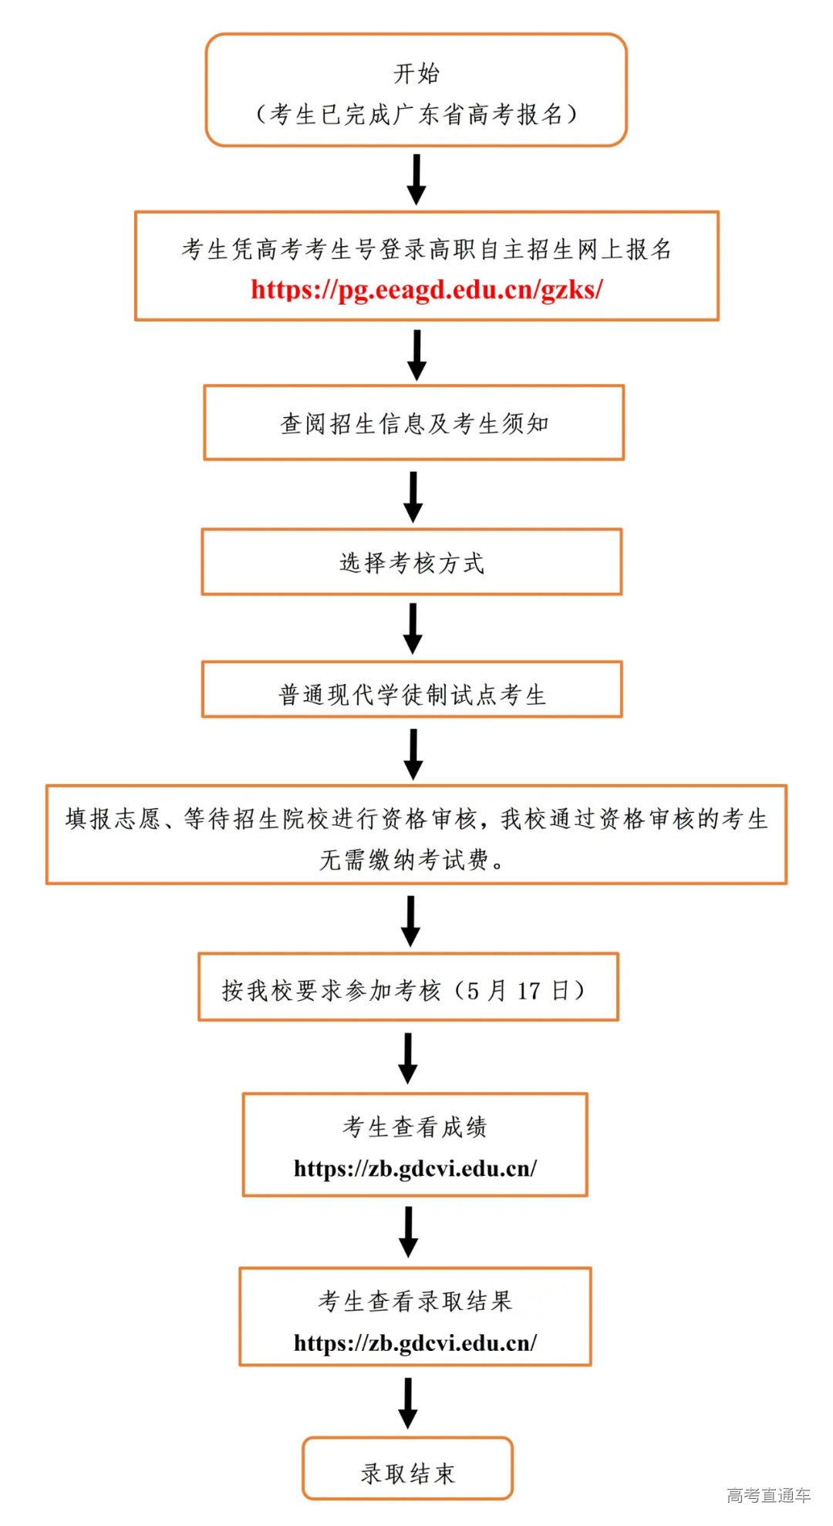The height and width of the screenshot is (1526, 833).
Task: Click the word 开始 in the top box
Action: click(416, 74)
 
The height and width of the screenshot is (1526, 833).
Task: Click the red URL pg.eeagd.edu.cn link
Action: click(427, 290)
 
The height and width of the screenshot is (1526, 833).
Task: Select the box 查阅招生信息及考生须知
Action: click(414, 423)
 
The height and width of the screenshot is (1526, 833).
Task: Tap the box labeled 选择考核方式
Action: click(412, 562)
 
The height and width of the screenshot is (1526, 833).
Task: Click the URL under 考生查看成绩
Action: click(415, 1168)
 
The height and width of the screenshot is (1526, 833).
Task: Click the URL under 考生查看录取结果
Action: click(415, 1342)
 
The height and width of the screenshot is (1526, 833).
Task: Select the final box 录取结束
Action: click(407, 1474)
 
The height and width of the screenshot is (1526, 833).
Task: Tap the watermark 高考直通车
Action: click(768, 1495)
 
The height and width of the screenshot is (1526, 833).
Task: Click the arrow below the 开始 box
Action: click(416, 179)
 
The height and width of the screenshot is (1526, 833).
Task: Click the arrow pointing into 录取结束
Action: click(408, 1403)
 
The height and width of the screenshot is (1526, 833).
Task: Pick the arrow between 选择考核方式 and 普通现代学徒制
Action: click(413, 628)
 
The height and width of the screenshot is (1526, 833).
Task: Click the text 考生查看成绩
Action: click(415, 1127)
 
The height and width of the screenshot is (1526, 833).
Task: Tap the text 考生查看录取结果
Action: click(415, 1301)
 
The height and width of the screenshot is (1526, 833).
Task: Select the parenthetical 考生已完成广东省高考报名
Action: click(416, 115)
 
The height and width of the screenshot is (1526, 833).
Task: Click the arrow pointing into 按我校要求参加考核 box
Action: click(410, 921)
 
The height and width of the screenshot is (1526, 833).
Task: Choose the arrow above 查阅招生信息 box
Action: click(416, 355)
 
